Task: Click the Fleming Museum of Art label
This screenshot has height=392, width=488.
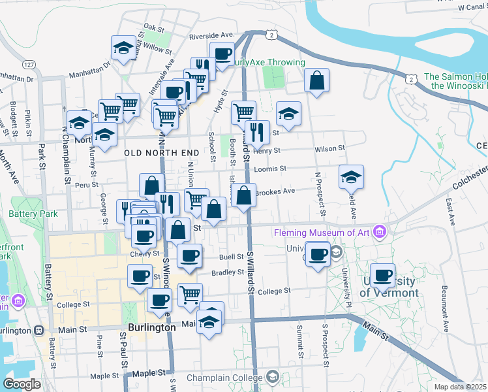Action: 322,233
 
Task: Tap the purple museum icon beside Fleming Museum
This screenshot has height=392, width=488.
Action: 379,232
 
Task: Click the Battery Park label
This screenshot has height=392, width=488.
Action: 33,214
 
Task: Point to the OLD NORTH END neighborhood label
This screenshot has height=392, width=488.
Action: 161,152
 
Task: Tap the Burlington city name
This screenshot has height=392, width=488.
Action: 151,327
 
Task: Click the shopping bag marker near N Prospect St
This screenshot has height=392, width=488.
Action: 316,81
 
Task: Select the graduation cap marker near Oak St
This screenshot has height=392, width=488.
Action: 123,47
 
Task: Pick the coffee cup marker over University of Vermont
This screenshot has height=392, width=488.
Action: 383,275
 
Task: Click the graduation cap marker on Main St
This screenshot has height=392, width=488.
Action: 209,322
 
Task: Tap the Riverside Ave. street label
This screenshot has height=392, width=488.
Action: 211,35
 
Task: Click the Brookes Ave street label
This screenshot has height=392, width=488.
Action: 275,191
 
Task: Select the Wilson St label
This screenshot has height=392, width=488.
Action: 329,149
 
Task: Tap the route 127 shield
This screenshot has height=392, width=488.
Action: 28,65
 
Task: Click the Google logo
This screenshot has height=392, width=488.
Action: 22,384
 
